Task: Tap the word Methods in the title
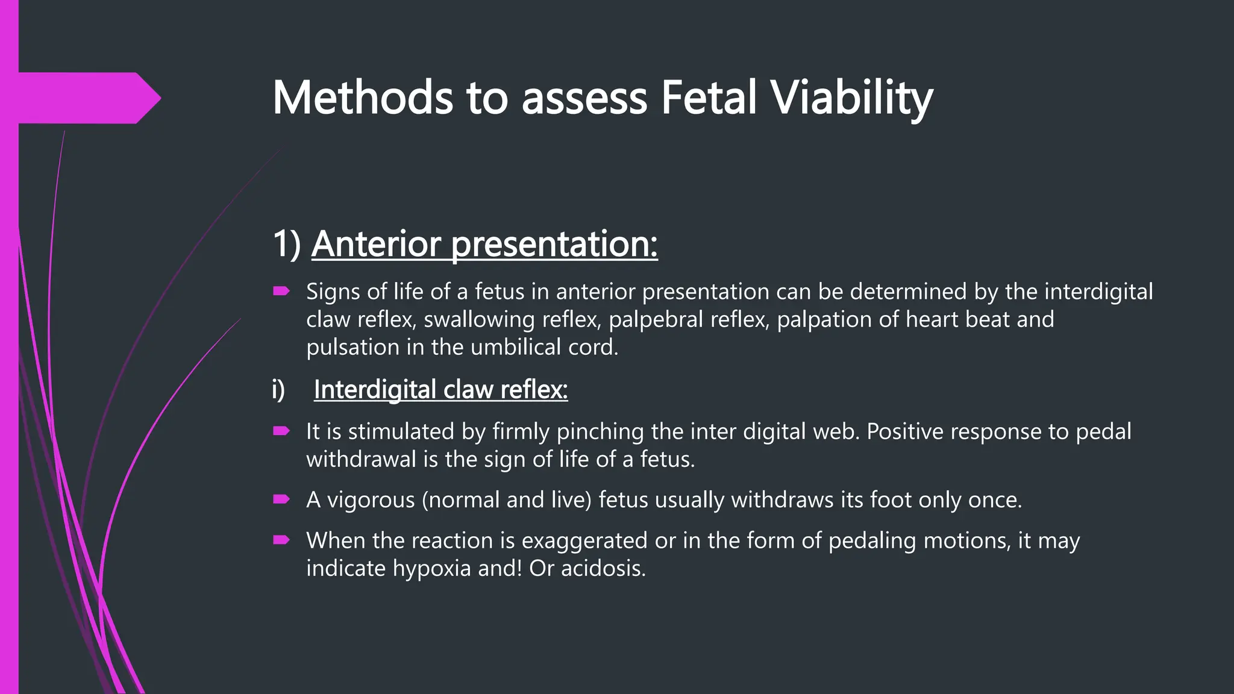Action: pyautogui.click(x=362, y=98)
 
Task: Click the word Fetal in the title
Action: pyautogui.click(x=708, y=98)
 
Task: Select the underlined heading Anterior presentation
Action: pyautogui.click(x=484, y=244)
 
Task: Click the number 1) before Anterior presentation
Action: pyautogui.click(x=286, y=244)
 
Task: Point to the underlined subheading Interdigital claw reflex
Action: pyautogui.click(x=440, y=390)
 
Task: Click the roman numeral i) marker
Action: pyautogui.click(x=278, y=390)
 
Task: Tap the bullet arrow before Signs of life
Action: pyautogui.click(x=281, y=292)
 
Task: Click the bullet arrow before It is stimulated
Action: pyautogui.click(x=281, y=431)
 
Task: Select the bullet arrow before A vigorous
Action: pyautogui.click(x=281, y=499)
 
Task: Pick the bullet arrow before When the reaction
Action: pyautogui.click(x=281, y=540)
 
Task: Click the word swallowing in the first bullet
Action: pyautogui.click(x=479, y=320)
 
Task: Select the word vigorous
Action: pyautogui.click(x=371, y=500)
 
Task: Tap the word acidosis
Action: pyautogui.click(x=603, y=568)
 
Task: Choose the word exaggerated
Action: pyautogui.click(x=584, y=540)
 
